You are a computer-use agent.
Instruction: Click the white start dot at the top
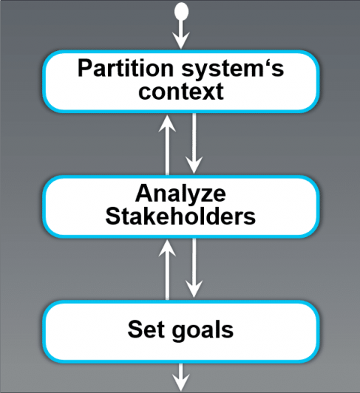click(180, 10)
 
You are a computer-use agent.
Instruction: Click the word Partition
click(118, 68)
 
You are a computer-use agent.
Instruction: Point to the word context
click(180, 92)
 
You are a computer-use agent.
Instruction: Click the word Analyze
click(180, 193)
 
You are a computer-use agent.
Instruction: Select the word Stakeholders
click(180, 217)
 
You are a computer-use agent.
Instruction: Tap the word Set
click(144, 328)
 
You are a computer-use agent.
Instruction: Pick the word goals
click(202, 329)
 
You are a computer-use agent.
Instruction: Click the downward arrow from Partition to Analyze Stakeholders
click(194, 142)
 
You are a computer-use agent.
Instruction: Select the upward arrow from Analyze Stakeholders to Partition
click(168, 142)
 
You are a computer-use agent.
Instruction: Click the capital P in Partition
click(84, 68)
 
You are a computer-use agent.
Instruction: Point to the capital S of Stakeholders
click(112, 217)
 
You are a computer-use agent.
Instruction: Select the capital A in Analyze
click(143, 193)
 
